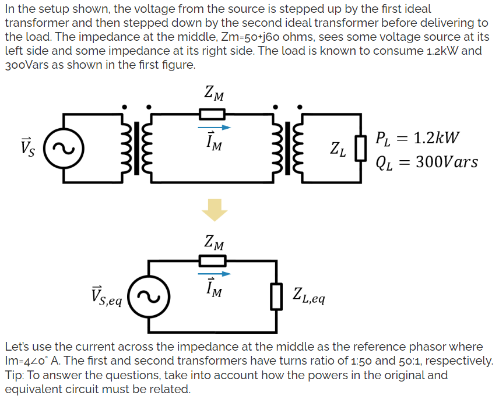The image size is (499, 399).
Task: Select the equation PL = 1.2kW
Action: [417, 139]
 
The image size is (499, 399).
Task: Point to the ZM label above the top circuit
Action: [214, 93]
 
